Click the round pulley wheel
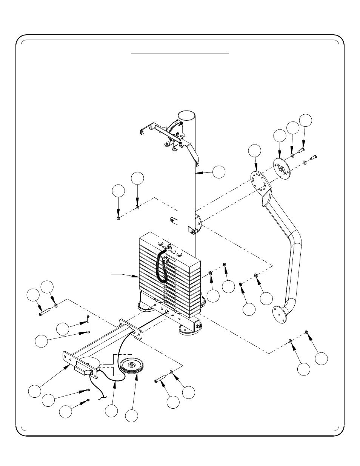coord(131,366)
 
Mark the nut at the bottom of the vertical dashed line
coord(88,400)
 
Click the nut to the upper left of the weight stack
coord(118,218)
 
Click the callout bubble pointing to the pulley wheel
coord(131,415)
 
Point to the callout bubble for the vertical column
coord(218,172)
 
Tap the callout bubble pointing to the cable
coord(111,411)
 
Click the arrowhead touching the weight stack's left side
coord(137,277)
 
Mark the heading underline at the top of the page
coord(180,54)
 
